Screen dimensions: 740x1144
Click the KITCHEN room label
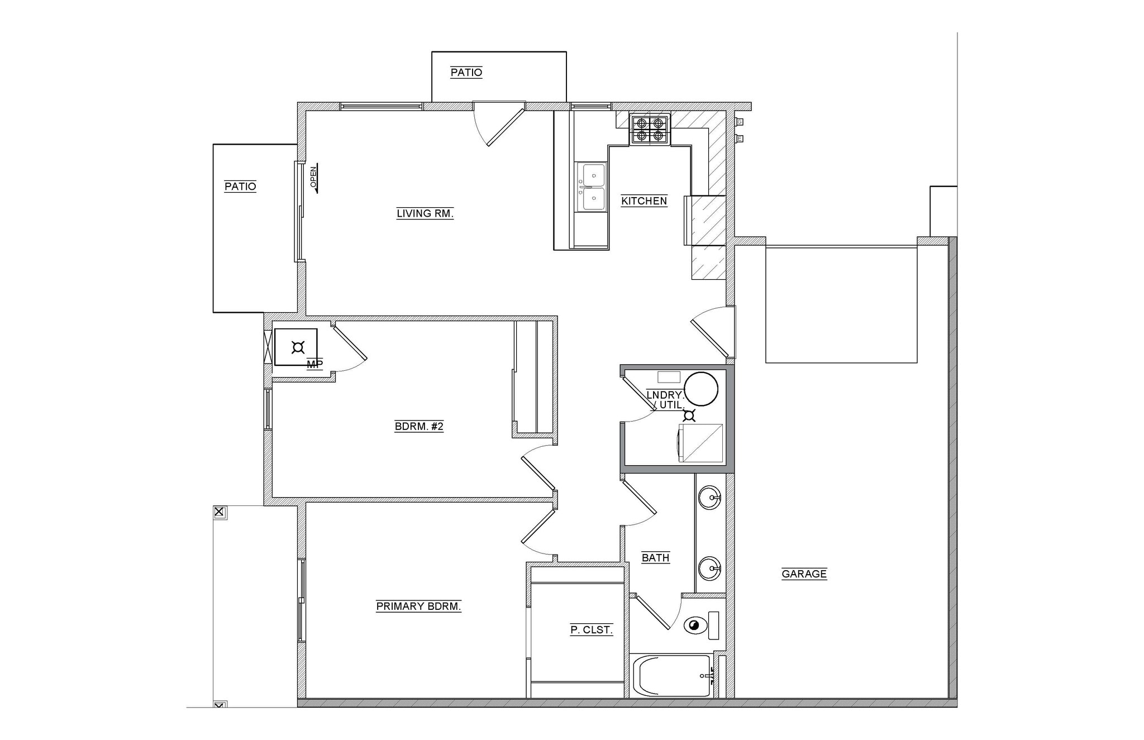643,201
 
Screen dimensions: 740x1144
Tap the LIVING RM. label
425,213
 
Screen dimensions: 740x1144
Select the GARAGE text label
804,574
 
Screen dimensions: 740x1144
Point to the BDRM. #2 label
419,427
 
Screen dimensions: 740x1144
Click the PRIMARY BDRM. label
418,607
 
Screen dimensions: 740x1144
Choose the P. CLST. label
591,630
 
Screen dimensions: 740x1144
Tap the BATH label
655,557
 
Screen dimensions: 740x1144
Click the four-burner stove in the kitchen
650,130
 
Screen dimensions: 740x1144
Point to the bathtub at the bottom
672,676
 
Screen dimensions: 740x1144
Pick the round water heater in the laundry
700,389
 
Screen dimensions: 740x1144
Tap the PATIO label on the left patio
240,187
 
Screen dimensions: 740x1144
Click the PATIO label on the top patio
466,73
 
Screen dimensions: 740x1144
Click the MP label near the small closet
314,365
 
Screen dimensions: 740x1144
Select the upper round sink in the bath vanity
710,497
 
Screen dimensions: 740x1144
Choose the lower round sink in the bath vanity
710,569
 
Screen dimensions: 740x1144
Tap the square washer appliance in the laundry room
700,443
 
